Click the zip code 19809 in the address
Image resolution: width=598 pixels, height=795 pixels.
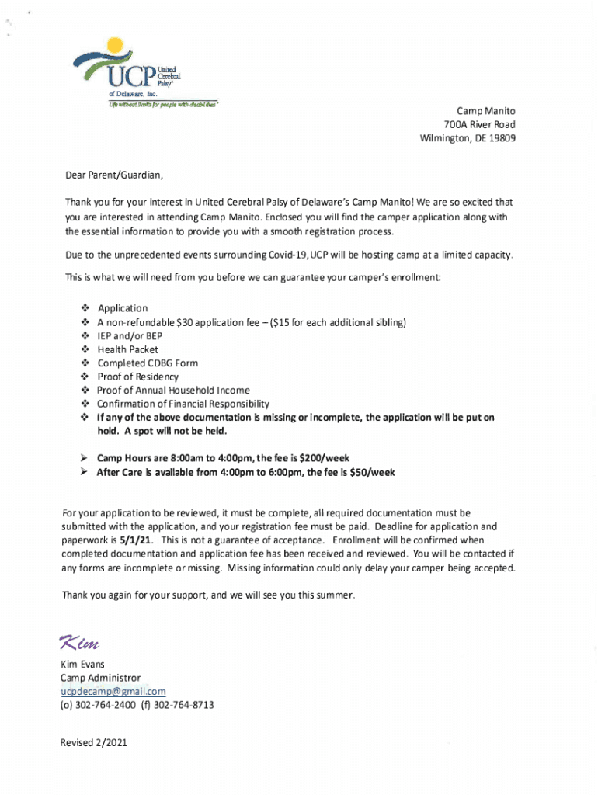click(x=500, y=139)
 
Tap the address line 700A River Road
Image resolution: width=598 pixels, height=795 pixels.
click(x=479, y=125)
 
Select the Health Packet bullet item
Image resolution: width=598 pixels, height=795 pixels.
click(x=127, y=349)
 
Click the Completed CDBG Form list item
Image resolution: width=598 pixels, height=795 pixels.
click(x=148, y=363)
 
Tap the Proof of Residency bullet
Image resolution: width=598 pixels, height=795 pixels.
click(x=137, y=377)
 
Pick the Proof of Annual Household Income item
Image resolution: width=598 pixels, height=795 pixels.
click(x=173, y=391)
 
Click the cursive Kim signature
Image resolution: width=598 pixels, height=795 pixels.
click(x=79, y=644)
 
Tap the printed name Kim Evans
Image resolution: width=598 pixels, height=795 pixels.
click(x=82, y=665)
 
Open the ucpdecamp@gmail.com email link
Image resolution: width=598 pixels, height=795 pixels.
click(x=113, y=692)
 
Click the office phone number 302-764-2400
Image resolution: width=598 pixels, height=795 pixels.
click(x=105, y=706)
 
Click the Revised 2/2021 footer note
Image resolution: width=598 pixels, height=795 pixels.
click(x=94, y=743)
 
